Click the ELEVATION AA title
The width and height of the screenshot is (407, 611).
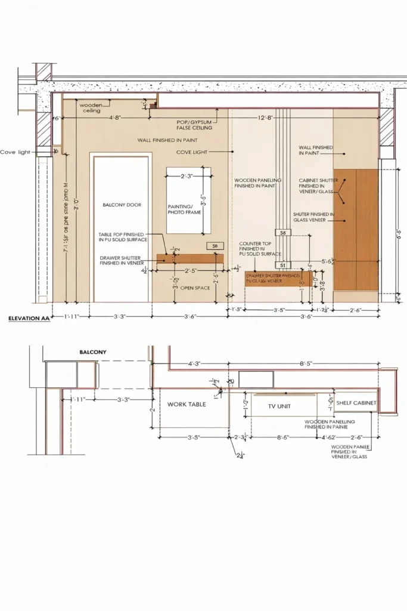[x=29, y=319]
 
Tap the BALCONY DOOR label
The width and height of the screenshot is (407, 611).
[x=122, y=205]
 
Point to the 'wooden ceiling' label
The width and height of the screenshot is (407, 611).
[x=90, y=108]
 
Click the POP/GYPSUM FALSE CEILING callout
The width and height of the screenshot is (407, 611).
[x=194, y=125]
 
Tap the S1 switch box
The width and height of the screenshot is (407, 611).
[x=282, y=265]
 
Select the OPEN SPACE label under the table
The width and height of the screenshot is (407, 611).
[x=194, y=288]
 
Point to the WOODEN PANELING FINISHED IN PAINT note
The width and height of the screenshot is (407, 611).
[x=257, y=183]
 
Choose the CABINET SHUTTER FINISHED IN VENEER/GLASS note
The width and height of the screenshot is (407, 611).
[x=316, y=186]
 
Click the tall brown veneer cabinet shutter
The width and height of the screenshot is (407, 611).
[x=356, y=229]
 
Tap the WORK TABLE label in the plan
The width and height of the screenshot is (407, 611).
[x=187, y=405]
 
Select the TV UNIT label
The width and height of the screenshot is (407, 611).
[x=279, y=405]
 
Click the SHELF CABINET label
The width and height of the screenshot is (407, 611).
[x=356, y=403]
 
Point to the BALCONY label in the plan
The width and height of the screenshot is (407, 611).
[x=93, y=352]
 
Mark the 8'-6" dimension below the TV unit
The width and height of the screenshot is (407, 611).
[x=284, y=437]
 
